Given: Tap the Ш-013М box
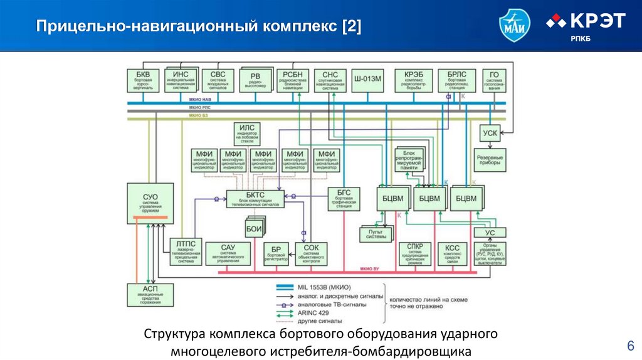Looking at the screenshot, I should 368,80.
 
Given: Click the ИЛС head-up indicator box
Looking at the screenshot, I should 246,132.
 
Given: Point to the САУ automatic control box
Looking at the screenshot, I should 228,251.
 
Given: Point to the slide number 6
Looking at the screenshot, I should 630,346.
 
